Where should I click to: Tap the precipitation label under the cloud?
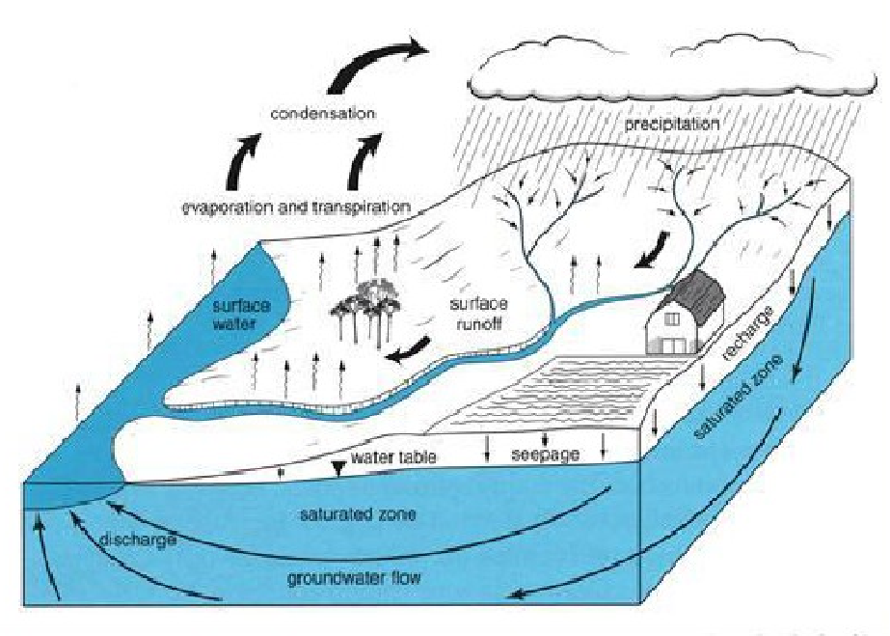pos(672,125)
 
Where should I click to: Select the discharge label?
pos(138,539)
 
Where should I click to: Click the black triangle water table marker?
pos(337,469)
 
